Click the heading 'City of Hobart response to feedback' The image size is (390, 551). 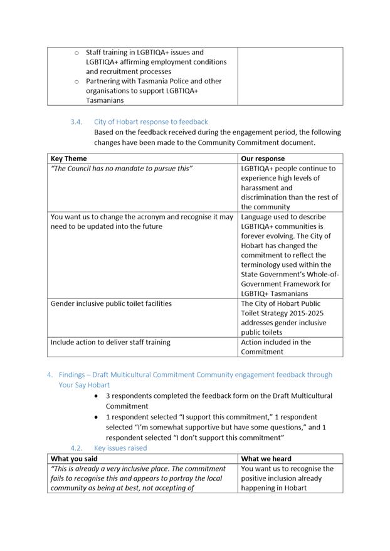(150, 122)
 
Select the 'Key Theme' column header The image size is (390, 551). (68, 159)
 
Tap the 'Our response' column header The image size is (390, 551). (263, 159)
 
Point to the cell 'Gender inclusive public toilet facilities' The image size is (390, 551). (111, 303)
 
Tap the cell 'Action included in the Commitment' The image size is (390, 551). (276, 347)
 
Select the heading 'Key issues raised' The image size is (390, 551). (120, 448)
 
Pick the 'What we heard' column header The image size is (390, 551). (266, 459)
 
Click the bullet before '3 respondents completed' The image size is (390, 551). (96, 396)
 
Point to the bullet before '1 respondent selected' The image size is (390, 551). (96, 417)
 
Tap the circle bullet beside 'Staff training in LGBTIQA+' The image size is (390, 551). (76, 53)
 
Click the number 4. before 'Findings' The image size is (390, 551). (50, 375)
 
